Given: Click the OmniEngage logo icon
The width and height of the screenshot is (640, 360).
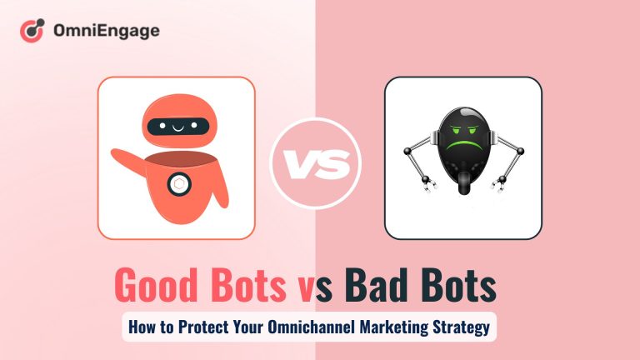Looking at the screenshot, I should click(x=32, y=32).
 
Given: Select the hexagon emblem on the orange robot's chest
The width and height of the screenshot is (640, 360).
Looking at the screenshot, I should click(x=179, y=183).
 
